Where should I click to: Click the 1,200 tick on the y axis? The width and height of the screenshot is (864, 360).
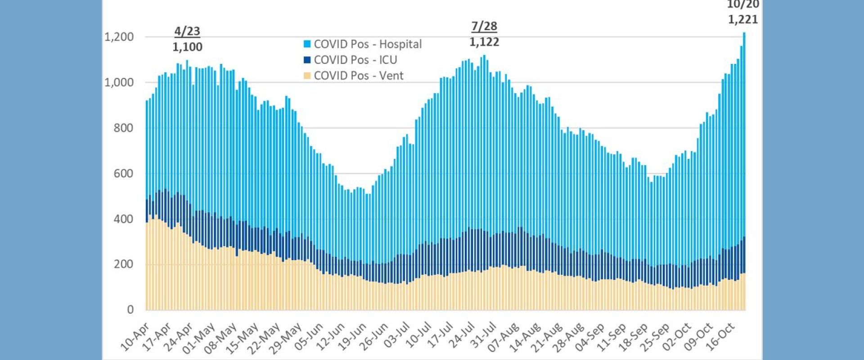[119, 37]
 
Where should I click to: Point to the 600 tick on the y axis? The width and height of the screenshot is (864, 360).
[124, 173]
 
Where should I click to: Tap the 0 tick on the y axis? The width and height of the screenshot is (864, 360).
[130, 310]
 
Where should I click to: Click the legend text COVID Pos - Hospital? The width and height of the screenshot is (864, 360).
[368, 44]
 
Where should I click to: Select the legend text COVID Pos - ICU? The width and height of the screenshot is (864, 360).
[355, 60]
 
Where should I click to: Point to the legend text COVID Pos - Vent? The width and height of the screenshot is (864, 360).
[359, 76]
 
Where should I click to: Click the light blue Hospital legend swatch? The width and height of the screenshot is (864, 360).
[307, 44]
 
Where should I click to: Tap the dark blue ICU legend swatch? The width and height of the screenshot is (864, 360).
[307, 60]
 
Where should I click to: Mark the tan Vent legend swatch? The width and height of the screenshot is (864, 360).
[307, 76]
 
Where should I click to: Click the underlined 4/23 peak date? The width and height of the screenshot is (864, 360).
[187, 31]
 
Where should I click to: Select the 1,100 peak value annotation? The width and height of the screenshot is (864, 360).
[188, 47]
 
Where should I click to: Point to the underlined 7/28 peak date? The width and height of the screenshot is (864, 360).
[484, 27]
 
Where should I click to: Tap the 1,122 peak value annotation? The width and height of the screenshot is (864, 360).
[484, 42]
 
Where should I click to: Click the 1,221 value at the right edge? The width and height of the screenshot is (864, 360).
[743, 19]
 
